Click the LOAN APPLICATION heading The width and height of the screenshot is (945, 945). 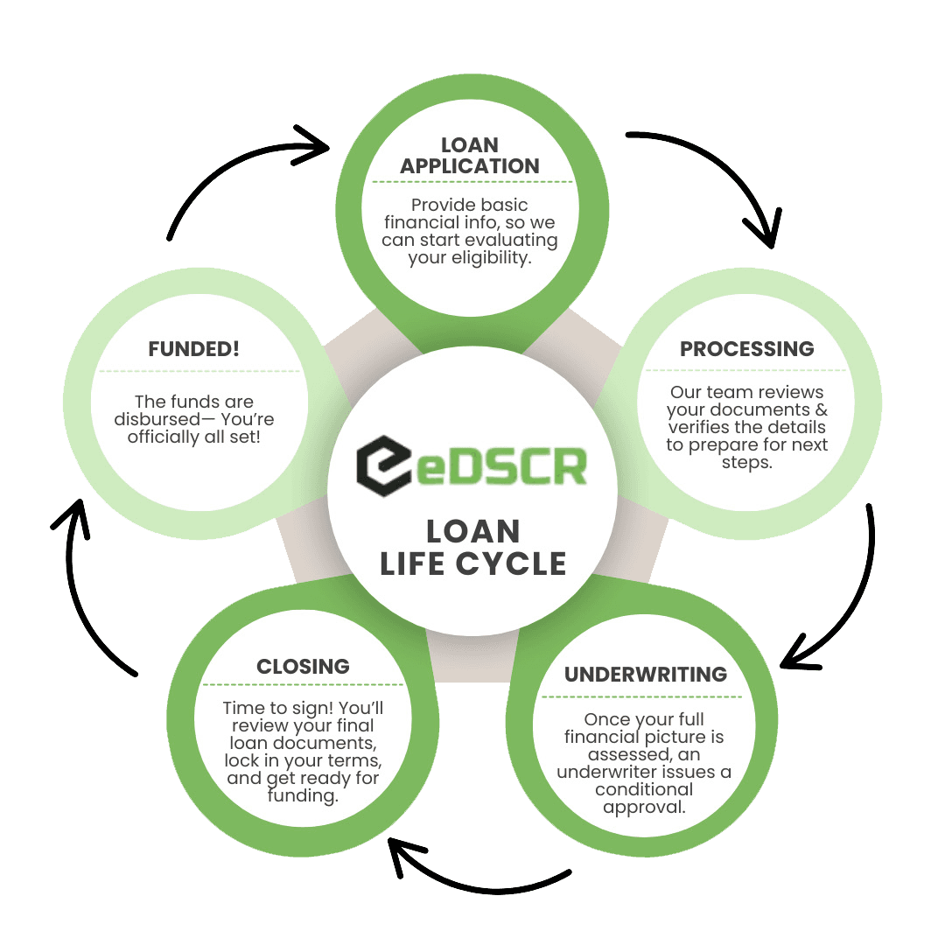click(x=471, y=155)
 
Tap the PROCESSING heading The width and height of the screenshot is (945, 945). click(x=746, y=348)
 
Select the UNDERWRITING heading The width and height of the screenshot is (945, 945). click(x=645, y=674)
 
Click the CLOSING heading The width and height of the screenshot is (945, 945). click(x=303, y=666)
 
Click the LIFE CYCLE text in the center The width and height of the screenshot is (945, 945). click(x=472, y=563)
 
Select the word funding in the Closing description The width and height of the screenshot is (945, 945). click(x=303, y=796)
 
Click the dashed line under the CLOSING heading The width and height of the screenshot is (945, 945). click(x=303, y=684)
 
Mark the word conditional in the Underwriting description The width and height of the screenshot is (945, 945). click(x=644, y=789)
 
